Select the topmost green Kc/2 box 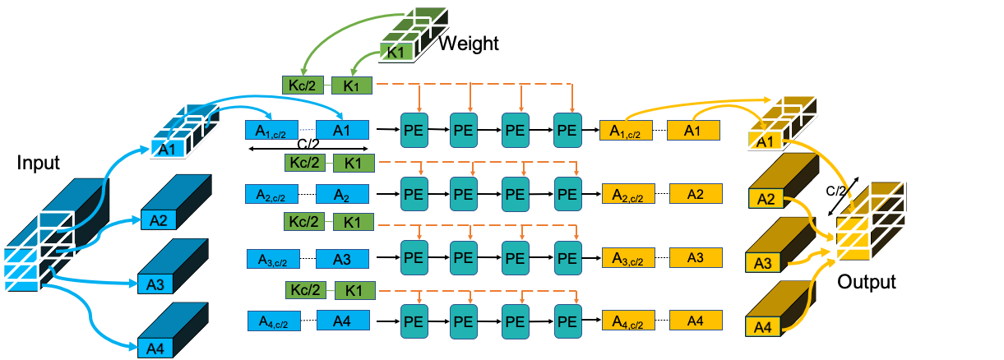302,85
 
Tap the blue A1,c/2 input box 271,130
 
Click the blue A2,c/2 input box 272,194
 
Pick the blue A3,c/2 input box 273,259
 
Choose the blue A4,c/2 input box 273,321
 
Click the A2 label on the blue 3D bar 159,219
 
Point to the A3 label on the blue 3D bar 155,284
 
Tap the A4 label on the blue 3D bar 155,348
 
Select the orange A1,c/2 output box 627,130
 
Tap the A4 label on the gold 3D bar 763,327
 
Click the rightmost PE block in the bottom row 567,321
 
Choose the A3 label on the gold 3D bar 763,263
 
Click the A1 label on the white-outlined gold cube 765,141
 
